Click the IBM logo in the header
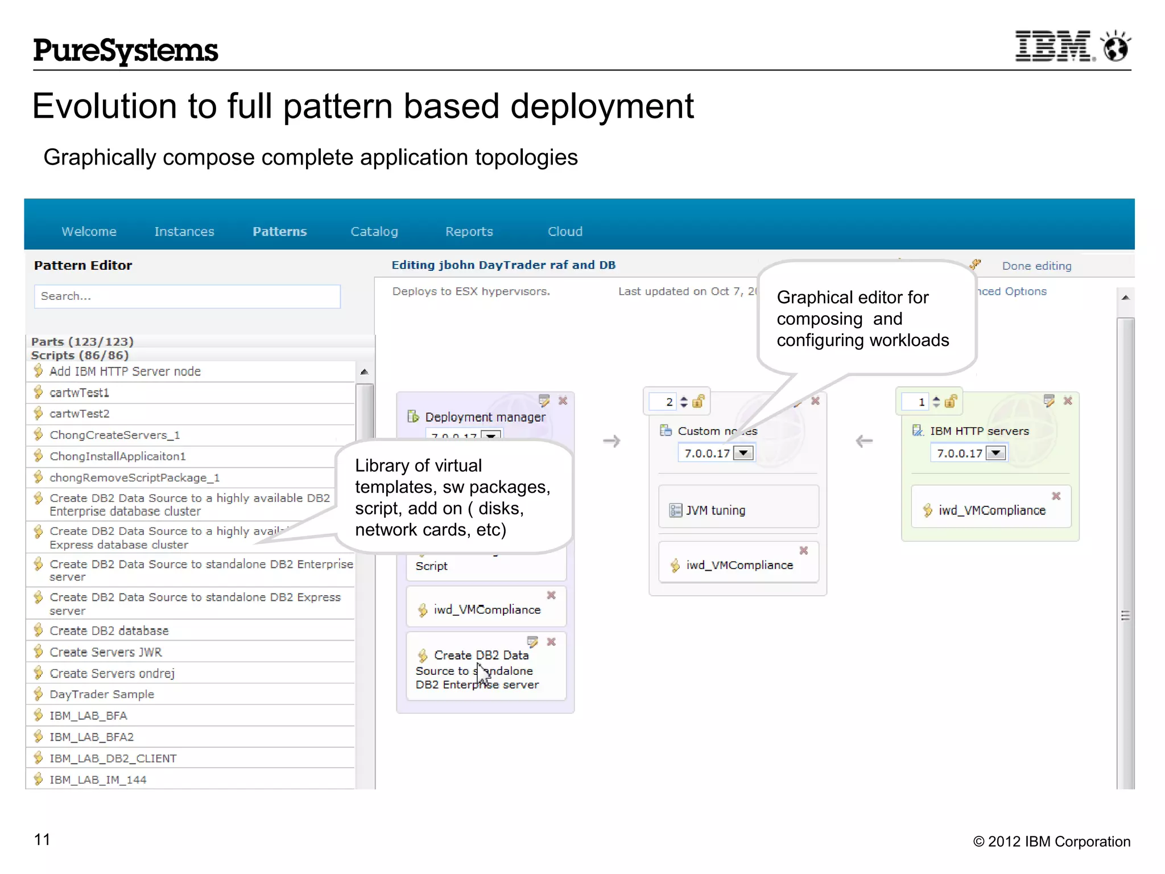[x=1053, y=46]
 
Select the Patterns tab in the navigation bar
[x=279, y=232]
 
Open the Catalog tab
[x=374, y=232]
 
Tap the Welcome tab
[x=89, y=232]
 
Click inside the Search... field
[x=187, y=296]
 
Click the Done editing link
[x=1036, y=266]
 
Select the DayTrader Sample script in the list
[x=101, y=694]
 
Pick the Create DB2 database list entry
[x=109, y=630]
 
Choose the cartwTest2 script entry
[x=79, y=414]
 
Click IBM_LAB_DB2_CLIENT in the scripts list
[x=113, y=758]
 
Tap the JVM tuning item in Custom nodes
[x=715, y=510]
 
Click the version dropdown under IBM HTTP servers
[x=995, y=453]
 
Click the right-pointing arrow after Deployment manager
[x=612, y=441]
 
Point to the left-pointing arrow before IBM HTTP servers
[x=864, y=441]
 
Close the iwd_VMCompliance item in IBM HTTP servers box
[x=1056, y=496]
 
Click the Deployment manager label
[x=485, y=417]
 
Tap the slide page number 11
[x=42, y=839]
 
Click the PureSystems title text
[x=125, y=50]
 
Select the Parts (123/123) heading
[x=82, y=341]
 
